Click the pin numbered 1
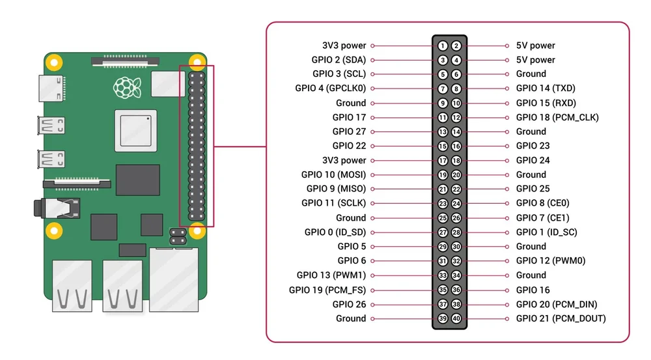(x=443, y=46)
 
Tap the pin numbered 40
(x=456, y=318)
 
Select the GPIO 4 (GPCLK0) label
(x=330, y=89)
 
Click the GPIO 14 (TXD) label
(x=546, y=89)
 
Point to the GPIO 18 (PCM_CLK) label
(x=557, y=117)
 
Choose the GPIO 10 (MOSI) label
(x=333, y=174)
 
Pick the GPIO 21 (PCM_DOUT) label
(x=561, y=318)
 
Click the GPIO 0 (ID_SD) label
(x=335, y=232)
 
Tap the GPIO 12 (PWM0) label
(x=551, y=260)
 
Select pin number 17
(x=443, y=160)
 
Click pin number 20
(x=456, y=174)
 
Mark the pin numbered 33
(x=443, y=275)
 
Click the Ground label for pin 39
(x=351, y=318)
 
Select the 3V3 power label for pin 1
(x=344, y=46)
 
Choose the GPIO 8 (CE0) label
(x=542, y=203)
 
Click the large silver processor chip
(x=135, y=128)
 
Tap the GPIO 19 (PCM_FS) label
(x=327, y=290)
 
